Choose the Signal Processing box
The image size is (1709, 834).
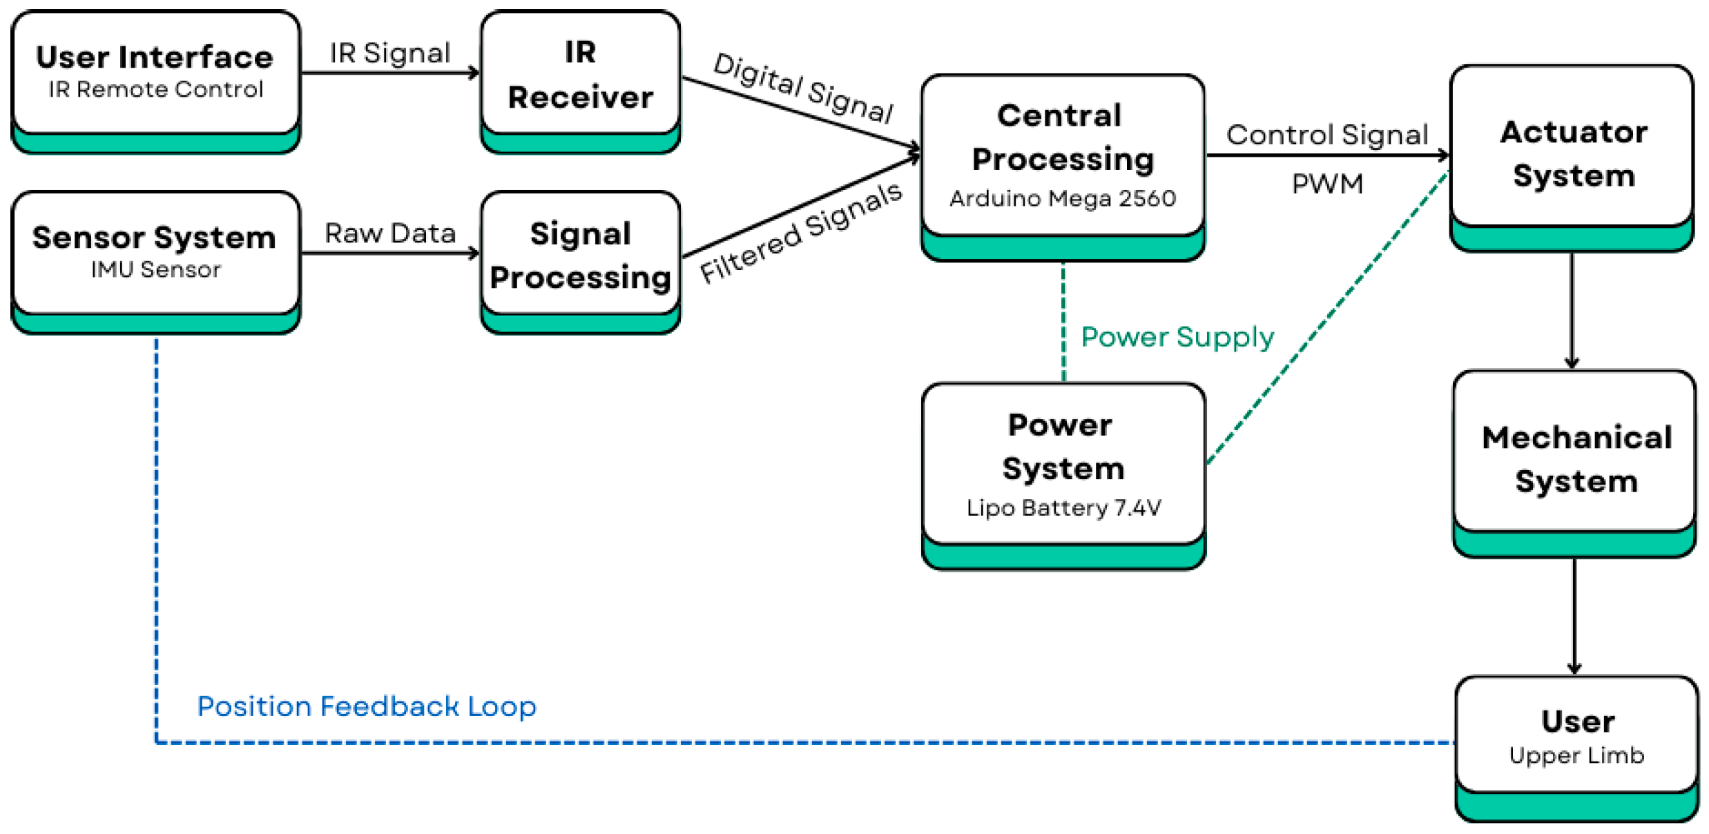click(580, 255)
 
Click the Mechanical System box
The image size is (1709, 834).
click(1574, 458)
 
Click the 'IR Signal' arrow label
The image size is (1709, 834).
click(389, 53)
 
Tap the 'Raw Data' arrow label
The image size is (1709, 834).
click(390, 233)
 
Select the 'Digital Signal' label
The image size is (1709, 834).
click(803, 88)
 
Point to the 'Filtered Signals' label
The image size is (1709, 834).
click(801, 233)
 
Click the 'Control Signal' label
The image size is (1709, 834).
click(1326, 135)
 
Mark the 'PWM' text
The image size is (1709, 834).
click(1327, 184)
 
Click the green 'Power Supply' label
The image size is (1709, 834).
click(1177, 337)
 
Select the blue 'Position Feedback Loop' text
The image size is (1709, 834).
click(367, 706)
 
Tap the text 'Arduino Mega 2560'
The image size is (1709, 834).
click(1063, 199)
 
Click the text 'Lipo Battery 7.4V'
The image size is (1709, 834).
click(1063, 508)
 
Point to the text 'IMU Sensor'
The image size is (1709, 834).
click(156, 269)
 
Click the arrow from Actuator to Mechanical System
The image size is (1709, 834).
click(1572, 311)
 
